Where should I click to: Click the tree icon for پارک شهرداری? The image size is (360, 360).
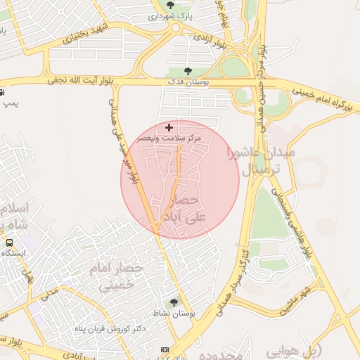click(x=169, y=6)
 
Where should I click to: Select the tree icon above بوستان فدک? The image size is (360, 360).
click(x=187, y=71)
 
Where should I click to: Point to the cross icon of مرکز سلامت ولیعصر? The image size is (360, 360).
click(x=169, y=127)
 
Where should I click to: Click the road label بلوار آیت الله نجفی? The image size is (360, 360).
click(x=80, y=82)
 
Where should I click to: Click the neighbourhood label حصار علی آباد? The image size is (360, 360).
click(x=182, y=209)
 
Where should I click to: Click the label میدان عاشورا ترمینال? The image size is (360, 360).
click(x=261, y=161)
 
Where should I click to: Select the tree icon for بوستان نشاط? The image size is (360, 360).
click(x=174, y=302)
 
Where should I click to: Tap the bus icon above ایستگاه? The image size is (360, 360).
click(x=10, y=243)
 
